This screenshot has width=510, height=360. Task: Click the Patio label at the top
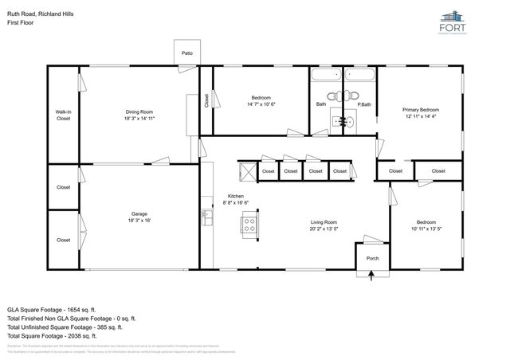(x=186, y=53)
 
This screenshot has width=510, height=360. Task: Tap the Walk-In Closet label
(x=63, y=115)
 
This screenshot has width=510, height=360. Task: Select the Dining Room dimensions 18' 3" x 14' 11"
(x=139, y=119)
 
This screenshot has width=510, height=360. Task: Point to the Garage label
(x=140, y=213)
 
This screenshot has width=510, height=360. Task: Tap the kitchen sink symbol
(x=206, y=214)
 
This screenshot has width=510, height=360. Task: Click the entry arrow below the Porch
(x=372, y=276)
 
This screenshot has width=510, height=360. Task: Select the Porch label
(x=372, y=259)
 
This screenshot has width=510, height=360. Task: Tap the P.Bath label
(x=364, y=104)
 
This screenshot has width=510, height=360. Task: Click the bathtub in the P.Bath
(x=359, y=77)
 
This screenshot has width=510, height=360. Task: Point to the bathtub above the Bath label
(x=325, y=77)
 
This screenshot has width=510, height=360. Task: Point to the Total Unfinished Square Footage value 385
(x=114, y=327)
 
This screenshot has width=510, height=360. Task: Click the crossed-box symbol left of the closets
(x=245, y=170)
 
